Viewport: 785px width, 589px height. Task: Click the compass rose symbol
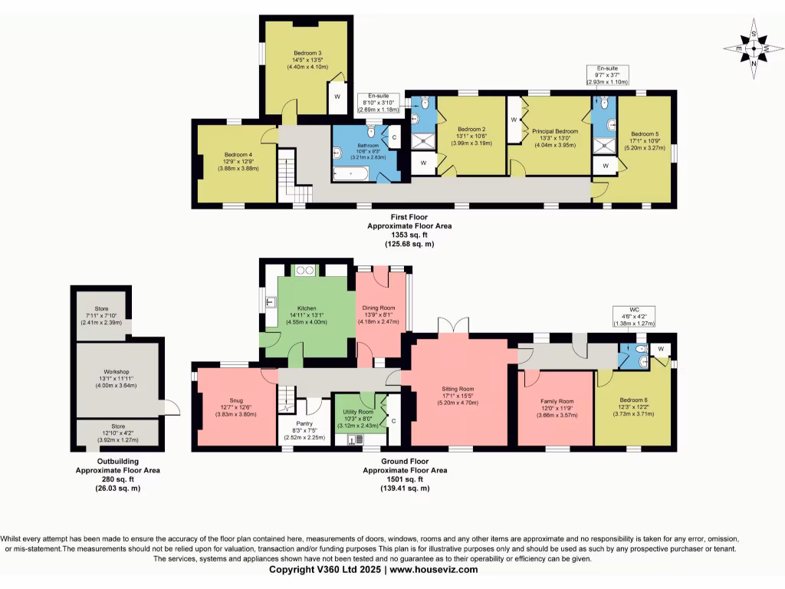point(755,50)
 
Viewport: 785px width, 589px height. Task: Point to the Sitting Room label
point(457,389)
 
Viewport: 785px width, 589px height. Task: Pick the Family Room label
point(555,401)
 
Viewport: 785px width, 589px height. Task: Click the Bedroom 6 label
point(633,401)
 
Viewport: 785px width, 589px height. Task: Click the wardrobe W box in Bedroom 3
point(336,97)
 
